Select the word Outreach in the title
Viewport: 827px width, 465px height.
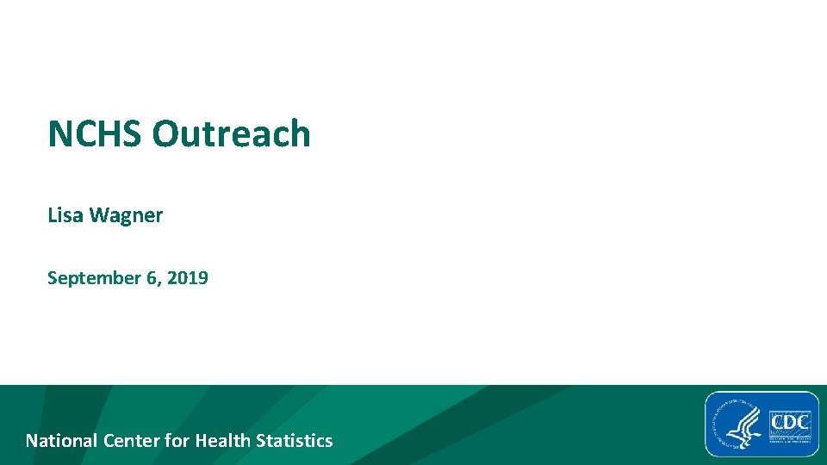point(231,134)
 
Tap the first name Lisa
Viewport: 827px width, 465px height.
point(64,215)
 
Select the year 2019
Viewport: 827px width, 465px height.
point(188,278)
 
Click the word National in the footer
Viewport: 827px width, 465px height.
point(61,441)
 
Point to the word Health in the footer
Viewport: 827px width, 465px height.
point(221,441)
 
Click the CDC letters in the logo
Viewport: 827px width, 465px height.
point(790,424)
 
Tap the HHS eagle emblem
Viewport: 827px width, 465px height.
point(738,425)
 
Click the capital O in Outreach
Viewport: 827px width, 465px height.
point(165,134)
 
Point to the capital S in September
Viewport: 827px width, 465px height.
point(53,278)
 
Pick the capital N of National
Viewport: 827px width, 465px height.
point(32,441)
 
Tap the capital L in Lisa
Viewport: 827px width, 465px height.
point(52,215)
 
